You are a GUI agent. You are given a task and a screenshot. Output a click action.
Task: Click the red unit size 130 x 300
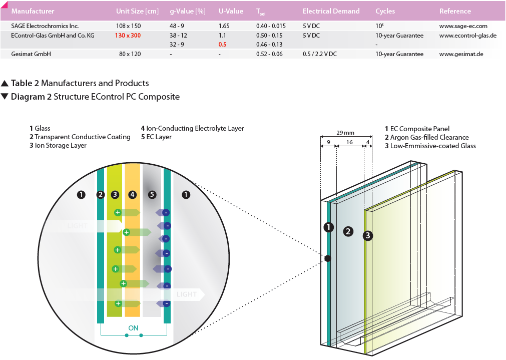[x=128, y=36]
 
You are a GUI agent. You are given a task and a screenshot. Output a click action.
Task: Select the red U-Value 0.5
[x=222, y=45]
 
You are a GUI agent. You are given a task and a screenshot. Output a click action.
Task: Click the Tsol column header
[x=261, y=12]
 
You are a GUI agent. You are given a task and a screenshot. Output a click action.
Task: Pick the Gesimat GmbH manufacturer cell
[x=31, y=54]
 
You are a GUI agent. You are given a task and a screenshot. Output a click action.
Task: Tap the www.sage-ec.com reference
[x=463, y=26]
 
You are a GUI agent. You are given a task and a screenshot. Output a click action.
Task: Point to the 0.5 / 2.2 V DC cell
[x=319, y=54]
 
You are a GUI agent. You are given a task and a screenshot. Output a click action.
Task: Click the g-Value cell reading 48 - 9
[x=177, y=26]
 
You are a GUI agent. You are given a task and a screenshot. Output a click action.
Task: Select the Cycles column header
[x=385, y=12]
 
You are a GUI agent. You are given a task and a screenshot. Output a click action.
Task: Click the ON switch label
[x=133, y=328]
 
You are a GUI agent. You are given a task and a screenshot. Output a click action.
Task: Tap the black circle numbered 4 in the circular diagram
[x=132, y=195]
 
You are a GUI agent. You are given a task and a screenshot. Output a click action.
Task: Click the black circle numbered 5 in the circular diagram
[x=152, y=195]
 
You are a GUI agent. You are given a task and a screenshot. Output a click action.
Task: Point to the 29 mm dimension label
[x=345, y=133]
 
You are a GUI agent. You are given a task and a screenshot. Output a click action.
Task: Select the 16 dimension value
[x=349, y=142]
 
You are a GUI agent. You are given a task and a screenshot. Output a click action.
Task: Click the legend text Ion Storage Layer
[x=61, y=146]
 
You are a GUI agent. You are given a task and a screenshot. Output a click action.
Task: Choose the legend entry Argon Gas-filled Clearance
[x=429, y=138]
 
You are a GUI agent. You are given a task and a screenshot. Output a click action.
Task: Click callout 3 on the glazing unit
[x=367, y=236]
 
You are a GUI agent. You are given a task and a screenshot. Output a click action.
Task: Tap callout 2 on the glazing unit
[x=348, y=231]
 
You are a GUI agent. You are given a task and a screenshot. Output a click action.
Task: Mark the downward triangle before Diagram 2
[x=5, y=96]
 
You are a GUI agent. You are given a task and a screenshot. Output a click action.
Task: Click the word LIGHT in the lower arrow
[x=187, y=294]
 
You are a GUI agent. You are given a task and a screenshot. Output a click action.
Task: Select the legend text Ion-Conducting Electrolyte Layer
[x=195, y=129]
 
